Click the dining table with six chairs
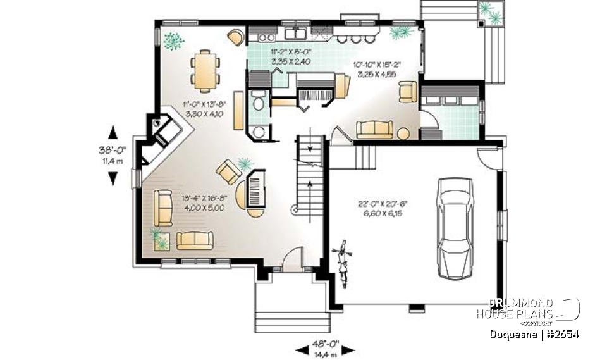click(x=206, y=70)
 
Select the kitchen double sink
click(x=295, y=34)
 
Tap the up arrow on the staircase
click(x=310, y=187)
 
